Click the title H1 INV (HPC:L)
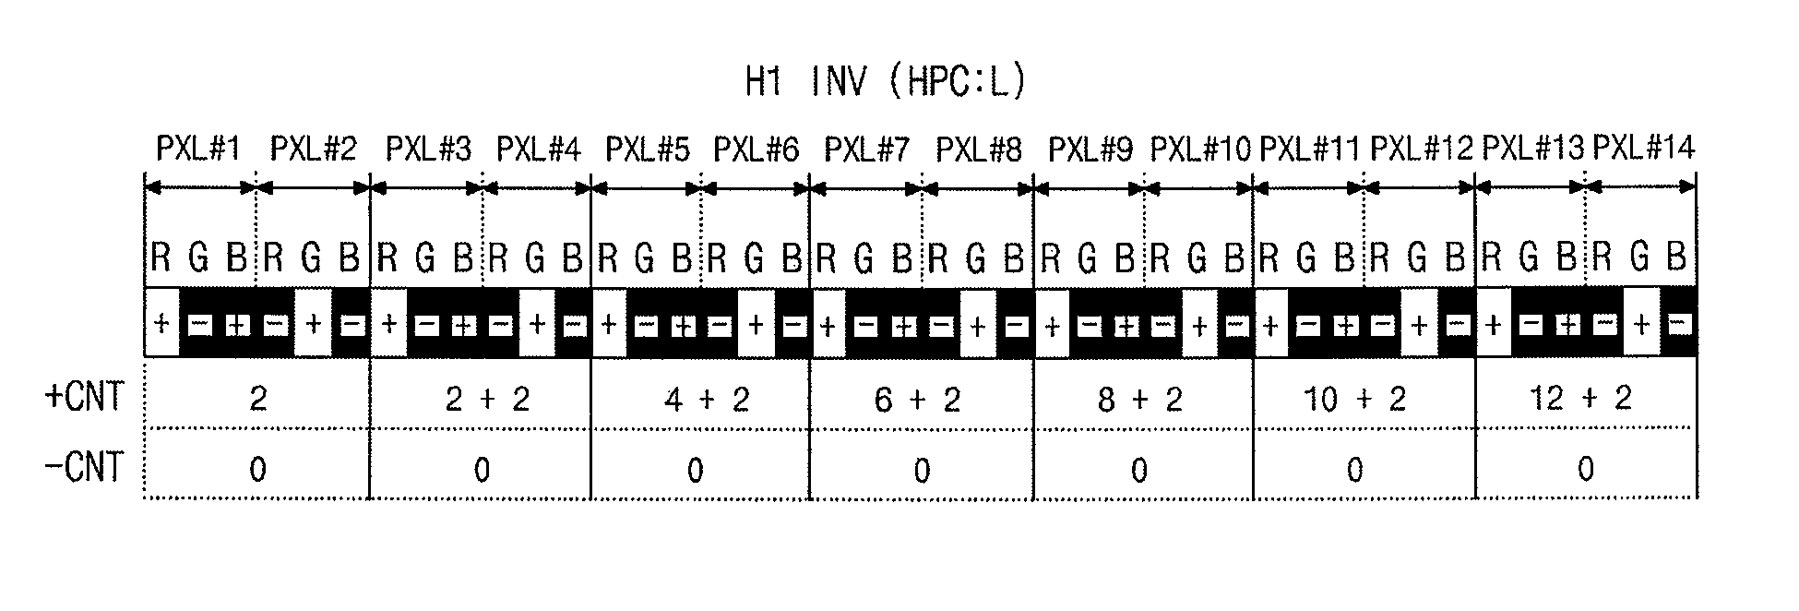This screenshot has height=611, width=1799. (x=885, y=82)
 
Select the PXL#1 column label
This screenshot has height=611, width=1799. (x=198, y=148)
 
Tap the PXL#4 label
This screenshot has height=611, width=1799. (x=539, y=148)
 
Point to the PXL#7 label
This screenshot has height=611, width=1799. (x=866, y=148)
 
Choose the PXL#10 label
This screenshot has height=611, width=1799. (x=1200, y=148)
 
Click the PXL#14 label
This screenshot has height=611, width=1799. (x=1644, y=148)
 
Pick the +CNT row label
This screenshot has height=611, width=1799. (x=84, y=397)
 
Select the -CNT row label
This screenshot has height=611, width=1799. (x=84, y=467)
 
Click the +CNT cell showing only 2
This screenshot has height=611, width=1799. (x=257, y=398)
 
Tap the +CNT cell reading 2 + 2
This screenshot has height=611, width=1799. (x=487, y=399)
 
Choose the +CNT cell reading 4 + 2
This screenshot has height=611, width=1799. (x=707, y=399)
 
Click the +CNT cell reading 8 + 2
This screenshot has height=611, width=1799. (x=1140, y=399)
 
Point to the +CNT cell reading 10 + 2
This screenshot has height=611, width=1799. (x=1355, y=399)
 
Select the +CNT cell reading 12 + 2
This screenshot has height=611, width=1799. (x=1581, y=398)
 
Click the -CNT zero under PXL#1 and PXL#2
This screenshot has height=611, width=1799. (x=257, y=470)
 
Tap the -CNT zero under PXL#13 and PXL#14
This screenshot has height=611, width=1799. (x=1585, y=469)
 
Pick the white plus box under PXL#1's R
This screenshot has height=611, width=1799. (x=162, y=324)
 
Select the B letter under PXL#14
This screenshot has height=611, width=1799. (x=1677, y=257)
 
